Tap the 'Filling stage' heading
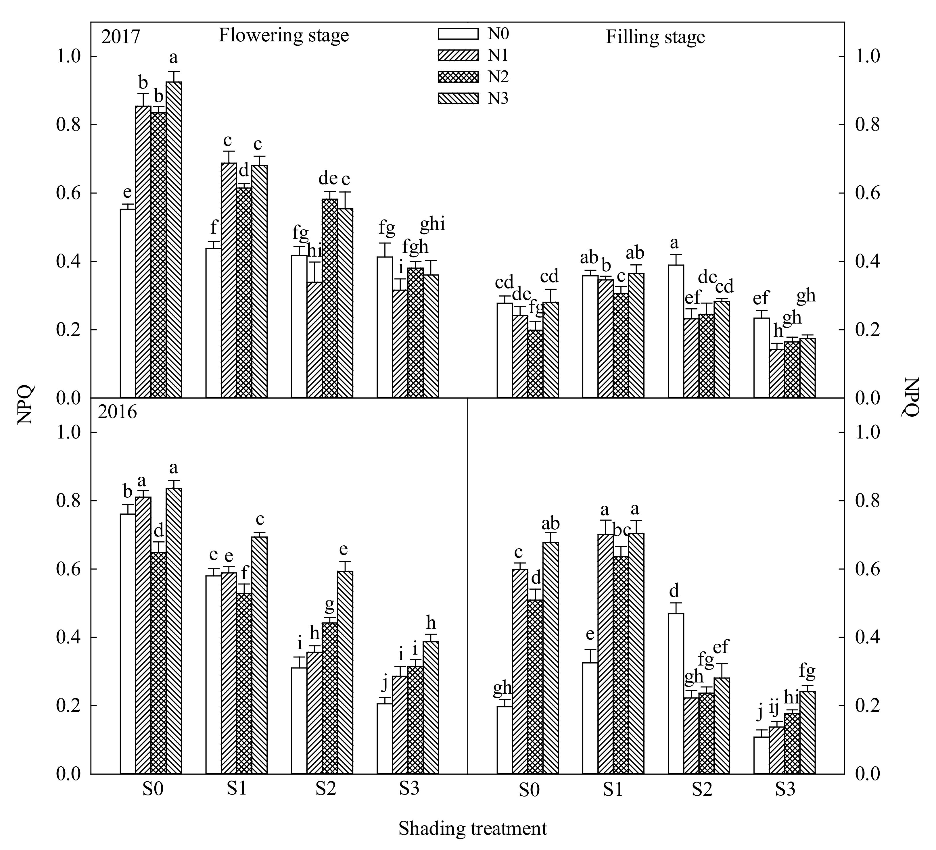click(655, 37)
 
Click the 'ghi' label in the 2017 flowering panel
click(432, 225)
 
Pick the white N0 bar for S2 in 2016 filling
click(676, 694)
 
